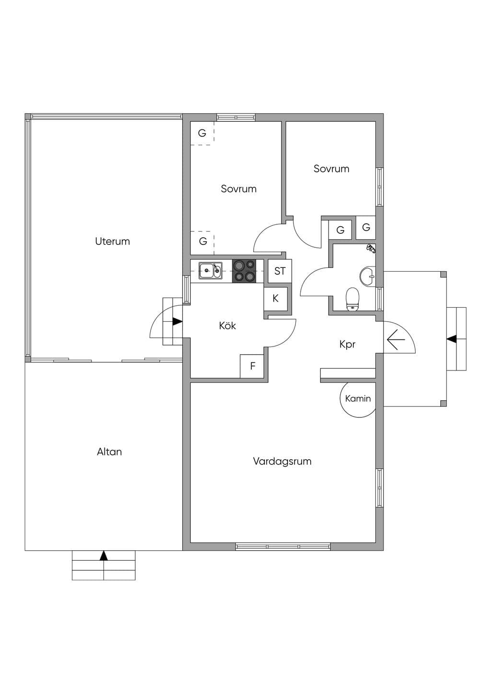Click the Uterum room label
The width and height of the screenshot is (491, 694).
[112, 242]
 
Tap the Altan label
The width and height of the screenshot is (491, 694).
[109, 451]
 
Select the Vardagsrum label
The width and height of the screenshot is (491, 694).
[282, 462]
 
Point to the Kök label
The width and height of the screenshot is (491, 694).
[227, 325]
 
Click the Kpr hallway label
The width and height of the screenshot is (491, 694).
[347, 345]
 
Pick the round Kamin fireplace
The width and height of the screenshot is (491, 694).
[358, 400]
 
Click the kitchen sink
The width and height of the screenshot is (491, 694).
[210, 271]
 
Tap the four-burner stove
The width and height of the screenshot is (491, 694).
[244, 271]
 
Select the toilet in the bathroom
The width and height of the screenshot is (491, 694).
[352, 299]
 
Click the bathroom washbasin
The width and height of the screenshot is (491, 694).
[368, 276]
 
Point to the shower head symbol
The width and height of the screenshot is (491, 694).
[371, 248]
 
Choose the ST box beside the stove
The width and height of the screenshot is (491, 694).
[280, 271]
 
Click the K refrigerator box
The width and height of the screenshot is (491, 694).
[276, 299]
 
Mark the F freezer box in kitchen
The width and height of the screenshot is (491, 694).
[252, 366]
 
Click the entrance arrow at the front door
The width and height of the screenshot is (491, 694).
[396, 339]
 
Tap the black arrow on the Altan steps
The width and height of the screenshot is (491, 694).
[104, 556]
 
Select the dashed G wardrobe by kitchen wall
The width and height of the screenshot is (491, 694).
[202, 243]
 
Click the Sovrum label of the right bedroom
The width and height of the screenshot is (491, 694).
[331, 169]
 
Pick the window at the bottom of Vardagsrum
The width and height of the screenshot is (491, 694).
[283, 546]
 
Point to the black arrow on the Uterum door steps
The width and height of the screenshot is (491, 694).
[177, 322]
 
